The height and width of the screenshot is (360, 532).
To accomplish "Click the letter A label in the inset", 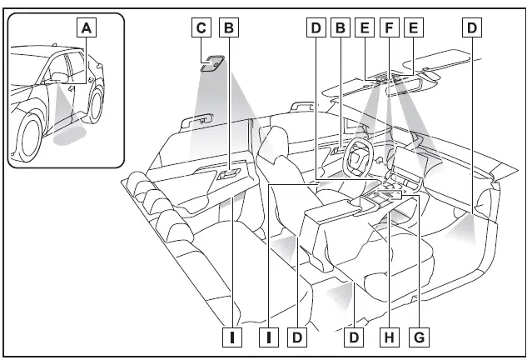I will (87, 27).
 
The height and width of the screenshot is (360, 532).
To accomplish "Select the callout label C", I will (200, 27).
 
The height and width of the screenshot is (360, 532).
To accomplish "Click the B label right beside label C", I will (230, 27).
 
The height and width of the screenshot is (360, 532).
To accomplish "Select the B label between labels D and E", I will (340, 27).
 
